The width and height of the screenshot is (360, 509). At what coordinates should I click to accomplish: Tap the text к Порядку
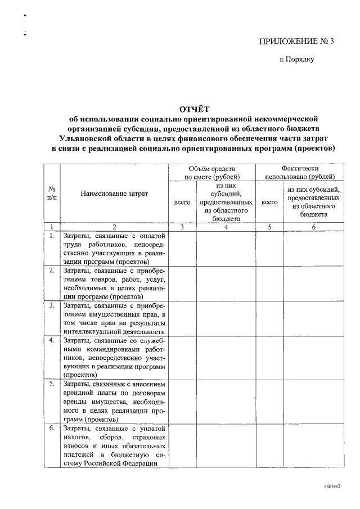297,58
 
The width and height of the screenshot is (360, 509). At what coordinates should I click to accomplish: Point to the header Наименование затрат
114,193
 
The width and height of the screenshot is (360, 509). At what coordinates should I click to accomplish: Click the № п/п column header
52,193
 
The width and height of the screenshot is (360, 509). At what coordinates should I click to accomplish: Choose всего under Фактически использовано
269,201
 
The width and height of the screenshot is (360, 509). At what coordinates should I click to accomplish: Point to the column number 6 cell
314,227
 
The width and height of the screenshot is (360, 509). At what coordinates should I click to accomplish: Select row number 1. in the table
52,236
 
